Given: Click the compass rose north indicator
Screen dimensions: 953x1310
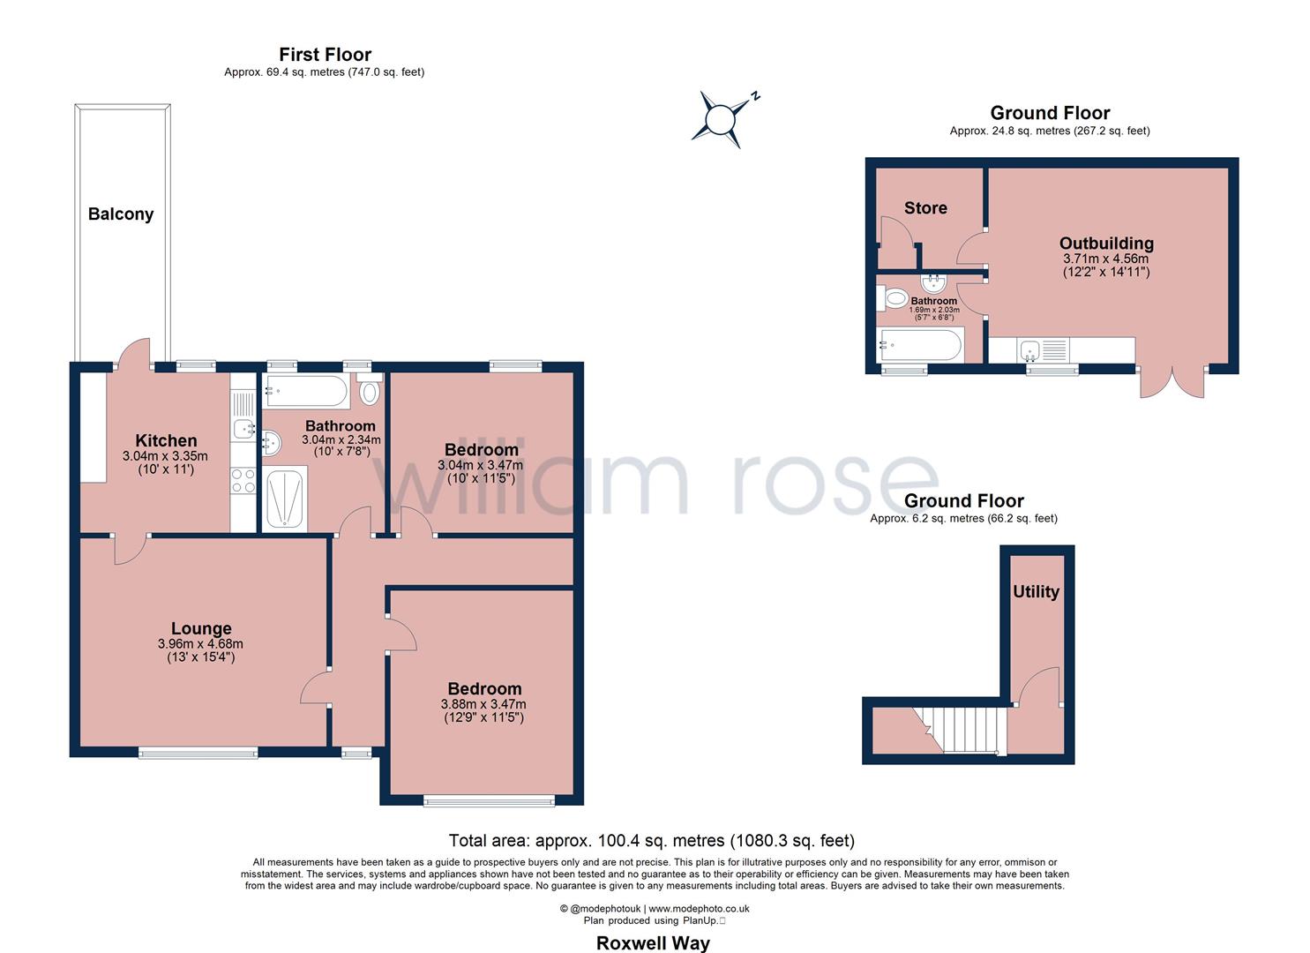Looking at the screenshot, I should coord(722,117).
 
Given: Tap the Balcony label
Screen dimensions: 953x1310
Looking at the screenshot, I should coord(121,214).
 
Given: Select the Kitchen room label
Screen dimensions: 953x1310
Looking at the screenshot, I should coord(166,440).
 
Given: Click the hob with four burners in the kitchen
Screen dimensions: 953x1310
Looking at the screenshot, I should coord(243,481).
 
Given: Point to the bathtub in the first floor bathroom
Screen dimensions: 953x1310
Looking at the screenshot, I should coord(306,390).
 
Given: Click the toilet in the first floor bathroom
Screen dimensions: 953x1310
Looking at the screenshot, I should coord(370,391).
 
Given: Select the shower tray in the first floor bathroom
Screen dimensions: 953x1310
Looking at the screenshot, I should coord(284,500).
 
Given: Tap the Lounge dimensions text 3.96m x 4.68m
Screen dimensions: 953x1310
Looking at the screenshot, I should coord(201,644).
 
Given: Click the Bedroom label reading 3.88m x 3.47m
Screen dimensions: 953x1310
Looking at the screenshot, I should coord(483,689).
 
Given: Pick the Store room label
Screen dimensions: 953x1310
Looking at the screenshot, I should coord(925,207).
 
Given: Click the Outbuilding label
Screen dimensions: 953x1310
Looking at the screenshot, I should coord(1106,243).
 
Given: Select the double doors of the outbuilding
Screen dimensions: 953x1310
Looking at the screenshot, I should coord(1172,380).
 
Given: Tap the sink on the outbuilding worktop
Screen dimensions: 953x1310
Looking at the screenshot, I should coord(1029,350).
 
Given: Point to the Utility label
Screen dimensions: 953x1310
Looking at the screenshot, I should coord(1036,591).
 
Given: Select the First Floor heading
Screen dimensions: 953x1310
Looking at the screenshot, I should coord(325,55).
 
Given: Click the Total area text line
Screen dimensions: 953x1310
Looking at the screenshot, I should coord(651,840).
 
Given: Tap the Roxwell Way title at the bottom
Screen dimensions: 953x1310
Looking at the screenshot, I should coord(653,942).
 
